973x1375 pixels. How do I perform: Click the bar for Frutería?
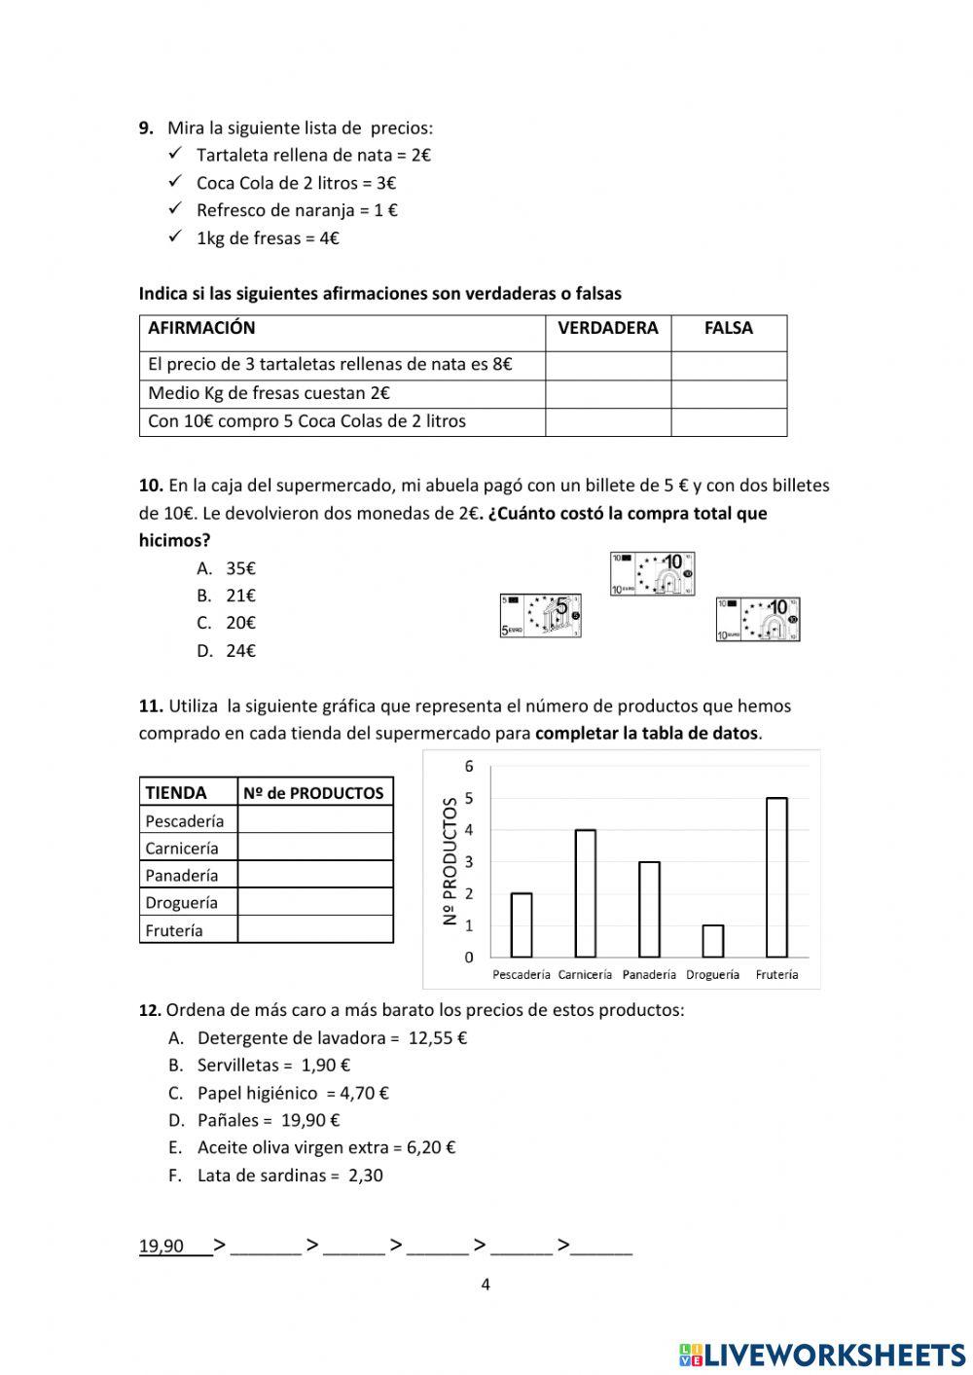coord(776,877)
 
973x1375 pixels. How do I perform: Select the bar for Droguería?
coord(712,941)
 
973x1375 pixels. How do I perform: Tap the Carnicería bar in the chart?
coord(585,893)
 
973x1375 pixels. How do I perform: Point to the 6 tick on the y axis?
coord(469,766)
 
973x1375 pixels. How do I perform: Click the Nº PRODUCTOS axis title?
coord(450,861)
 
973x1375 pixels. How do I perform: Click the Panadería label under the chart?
coord(649,974)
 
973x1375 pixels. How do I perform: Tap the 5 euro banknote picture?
coord(541,615)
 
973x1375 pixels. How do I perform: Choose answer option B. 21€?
coord(227,596)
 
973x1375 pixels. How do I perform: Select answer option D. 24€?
coord(227,651)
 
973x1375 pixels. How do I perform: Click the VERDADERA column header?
coord(607,329)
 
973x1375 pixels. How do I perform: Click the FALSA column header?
coord(728,329)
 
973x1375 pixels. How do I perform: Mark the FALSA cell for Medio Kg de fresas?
coord(728,394)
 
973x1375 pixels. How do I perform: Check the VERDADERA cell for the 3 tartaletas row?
coord(607,365)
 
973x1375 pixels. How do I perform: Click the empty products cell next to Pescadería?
coord(314,820)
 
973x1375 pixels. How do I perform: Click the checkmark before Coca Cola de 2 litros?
coord(176,182)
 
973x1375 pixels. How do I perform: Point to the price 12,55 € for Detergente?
coord(438,1038)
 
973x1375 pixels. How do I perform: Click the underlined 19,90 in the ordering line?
coord(162,1246)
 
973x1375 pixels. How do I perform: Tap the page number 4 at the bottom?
coord(486,1285)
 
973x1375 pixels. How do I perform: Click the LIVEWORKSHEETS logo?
coord(821,1354)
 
